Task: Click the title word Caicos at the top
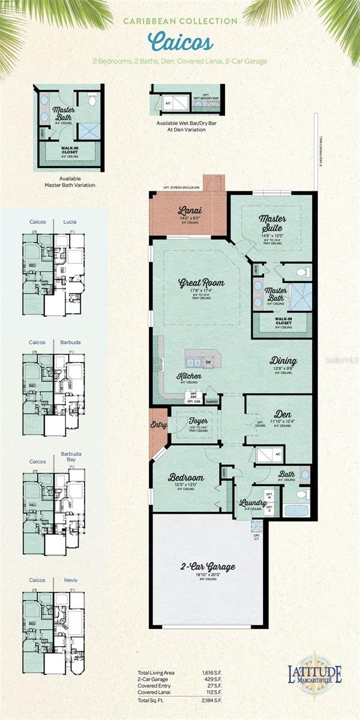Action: (x=180, y=43)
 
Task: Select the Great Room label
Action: (x=201, y=283)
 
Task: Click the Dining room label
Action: (x=283, y=361)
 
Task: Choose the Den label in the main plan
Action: (x=283, y=413)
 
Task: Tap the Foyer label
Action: (x=197, y=420)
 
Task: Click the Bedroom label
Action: (x=186, y=478)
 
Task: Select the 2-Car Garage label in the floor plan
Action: (x=208, y=566)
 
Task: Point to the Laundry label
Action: (x=248, y=502)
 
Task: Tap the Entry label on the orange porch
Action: (x=158, y=424)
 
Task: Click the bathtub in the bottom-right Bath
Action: (x=296, y=511)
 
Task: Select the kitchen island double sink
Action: (x=194, y=362)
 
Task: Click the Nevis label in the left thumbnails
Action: (x=71, y=580)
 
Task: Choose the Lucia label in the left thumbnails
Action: (x=70, y=221)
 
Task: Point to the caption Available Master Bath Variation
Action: (x=71, y=182)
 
